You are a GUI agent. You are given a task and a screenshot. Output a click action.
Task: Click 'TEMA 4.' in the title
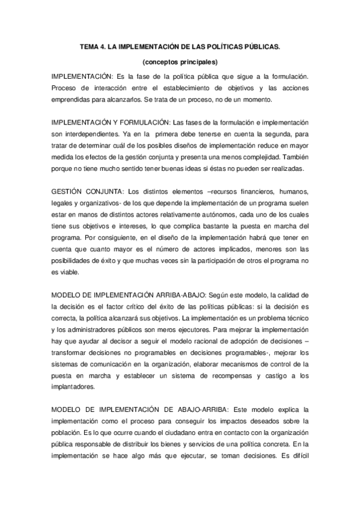[94, 46]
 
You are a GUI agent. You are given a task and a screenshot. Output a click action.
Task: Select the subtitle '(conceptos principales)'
[180, 62]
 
